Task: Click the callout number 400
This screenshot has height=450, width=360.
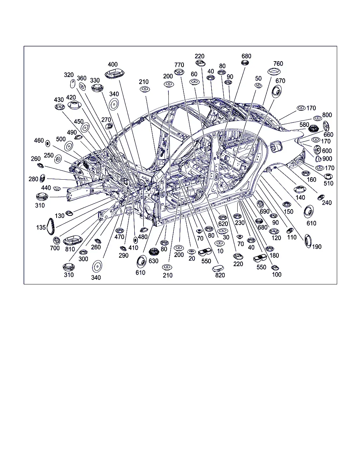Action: tap(112, 64)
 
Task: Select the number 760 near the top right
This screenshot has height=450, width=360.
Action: tap(278, 64)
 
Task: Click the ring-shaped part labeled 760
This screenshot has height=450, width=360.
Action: tap(274, 72)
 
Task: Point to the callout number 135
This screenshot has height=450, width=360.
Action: tap(41, 227)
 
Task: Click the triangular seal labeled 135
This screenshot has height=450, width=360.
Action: tap(50, 226)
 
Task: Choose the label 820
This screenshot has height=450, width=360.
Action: tap(220, 275)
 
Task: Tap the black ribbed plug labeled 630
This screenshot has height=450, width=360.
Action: tap(154, 252)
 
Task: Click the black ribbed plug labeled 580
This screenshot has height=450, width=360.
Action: tap(314, 128)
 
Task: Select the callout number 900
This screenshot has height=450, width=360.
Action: tap(327, 159)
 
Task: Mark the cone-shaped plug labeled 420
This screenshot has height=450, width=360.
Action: tap(75, 105)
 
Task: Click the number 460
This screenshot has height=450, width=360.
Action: tap(39, 141)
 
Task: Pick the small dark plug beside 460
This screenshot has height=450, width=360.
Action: tap(48, 144)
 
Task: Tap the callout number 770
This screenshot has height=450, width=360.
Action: tap(179, 65)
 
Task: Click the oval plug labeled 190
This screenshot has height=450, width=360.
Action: tap(308, 241)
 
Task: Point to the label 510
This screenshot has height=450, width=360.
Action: tap(328, 184)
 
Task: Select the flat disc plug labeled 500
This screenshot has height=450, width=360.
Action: tap(69, 146)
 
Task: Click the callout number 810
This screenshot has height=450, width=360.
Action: tap(70, 249)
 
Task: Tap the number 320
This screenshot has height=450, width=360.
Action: tap(69, 75)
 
